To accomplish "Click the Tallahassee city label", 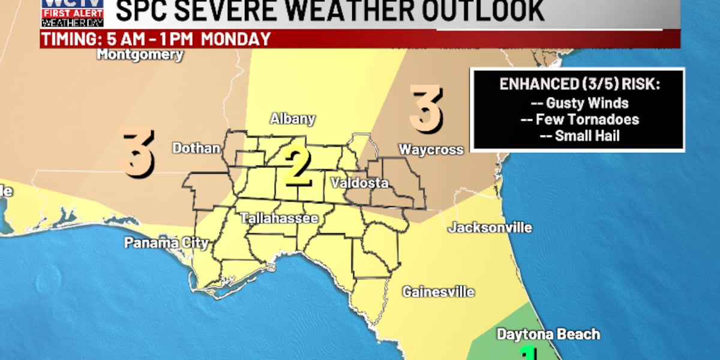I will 279,218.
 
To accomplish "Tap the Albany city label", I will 292,119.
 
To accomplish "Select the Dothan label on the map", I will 196,148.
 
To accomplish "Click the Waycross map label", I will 431,149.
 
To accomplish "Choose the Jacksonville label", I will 490,228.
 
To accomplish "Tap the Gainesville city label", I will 438,292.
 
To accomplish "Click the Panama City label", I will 166,243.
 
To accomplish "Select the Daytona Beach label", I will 548,335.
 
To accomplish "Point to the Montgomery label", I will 140,55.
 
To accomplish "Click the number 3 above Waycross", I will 426,109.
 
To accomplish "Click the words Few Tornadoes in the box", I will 580,119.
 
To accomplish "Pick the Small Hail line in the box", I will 580,136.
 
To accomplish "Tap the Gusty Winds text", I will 580,103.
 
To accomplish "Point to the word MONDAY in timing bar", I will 236,40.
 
